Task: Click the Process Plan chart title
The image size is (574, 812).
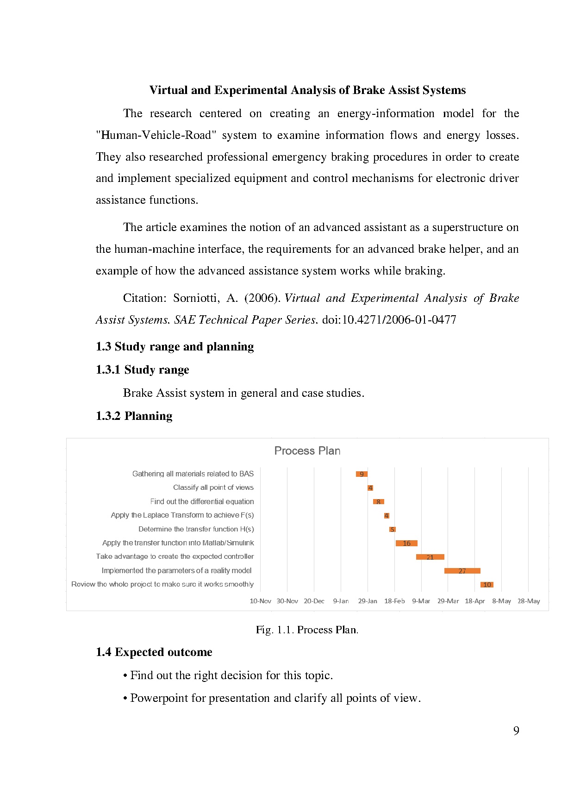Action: click(x=307, y=451)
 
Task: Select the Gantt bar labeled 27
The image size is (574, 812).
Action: click(x=462, y=571)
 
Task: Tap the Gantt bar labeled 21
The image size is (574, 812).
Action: click(x=430, y=557)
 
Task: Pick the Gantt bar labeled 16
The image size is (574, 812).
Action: click(x=406, y=543)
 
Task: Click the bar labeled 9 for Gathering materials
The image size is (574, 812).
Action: click(x=362, y=474)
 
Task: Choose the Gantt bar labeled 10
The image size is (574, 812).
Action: click(x=487, y=585)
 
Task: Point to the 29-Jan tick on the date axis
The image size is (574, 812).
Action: click(x=368, y=601)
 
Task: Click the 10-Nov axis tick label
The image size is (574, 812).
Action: click(x=260, y=601)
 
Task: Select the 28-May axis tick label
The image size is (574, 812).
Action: click(x=529, y=601)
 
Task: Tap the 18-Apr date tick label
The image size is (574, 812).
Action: click(x=474, y=601)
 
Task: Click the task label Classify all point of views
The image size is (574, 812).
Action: click(x=213, y=487)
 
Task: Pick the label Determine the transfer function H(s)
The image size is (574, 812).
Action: click(x=196, y=529)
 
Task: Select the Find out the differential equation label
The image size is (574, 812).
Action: click(x=202, y=501)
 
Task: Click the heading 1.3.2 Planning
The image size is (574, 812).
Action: click(x=134, y=416)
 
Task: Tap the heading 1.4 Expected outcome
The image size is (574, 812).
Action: click(x=154, y=652)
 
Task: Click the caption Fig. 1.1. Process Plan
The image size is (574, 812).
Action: click(x=307, y=630)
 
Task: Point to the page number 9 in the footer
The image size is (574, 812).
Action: click(x=516, y=731)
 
